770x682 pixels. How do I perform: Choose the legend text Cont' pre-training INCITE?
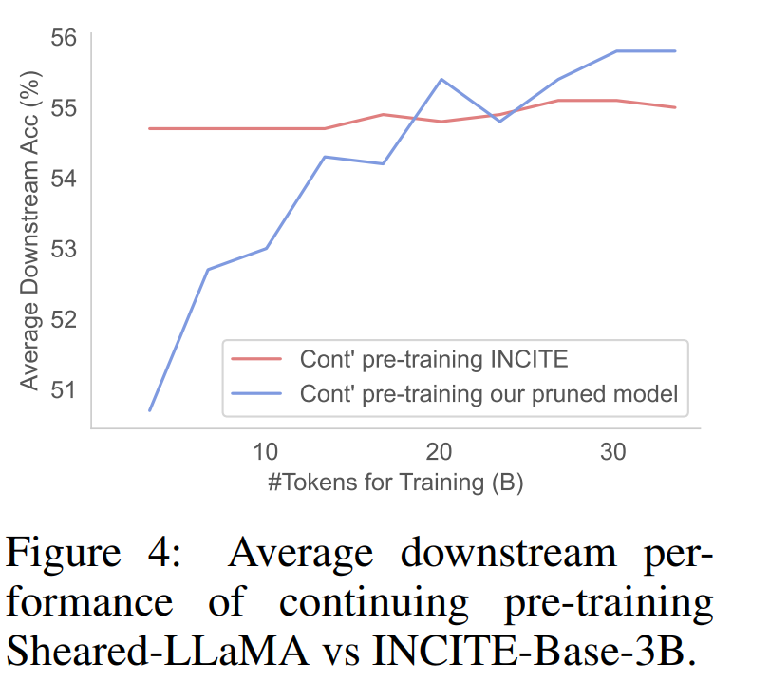point(434,359)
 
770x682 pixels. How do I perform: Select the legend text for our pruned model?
point(489,393)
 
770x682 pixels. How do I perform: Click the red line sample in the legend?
point(257,359)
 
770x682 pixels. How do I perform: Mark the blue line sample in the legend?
point(257,393)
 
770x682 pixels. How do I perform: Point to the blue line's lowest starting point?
point(151,410)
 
